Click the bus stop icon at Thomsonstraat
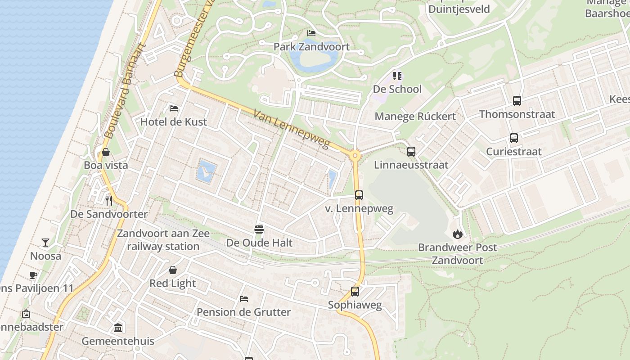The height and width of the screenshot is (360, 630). pyautogui.click(x=517, y=101)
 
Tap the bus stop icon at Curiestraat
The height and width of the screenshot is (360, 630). pyautogui.click(x=514, y=138)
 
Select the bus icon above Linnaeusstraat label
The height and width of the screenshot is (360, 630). pyautogui.click(x=411, y=152)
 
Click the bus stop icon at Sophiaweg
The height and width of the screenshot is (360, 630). pyautogui.click(x=355, y=292)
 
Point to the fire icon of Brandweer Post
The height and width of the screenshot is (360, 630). pyautogui.click(x=458, y=234)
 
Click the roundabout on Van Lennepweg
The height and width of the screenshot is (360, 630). pyautogui.click(x=355, y=156)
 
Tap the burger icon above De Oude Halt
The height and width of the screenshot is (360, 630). pyautogui.click(x=259, y=229)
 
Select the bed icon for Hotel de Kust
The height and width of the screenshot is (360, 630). pyautogui.click(x=174, y=108)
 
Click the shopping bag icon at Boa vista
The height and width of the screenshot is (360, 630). pyautogui.click(x=106, y=152)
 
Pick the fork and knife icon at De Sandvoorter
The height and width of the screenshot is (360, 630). pyautogui.click(x=108, y=200)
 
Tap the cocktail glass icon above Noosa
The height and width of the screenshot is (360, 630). pyautogui.click(x=45, y=243)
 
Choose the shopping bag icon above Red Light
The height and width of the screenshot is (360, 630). pyautogui.click(x=173, y=270)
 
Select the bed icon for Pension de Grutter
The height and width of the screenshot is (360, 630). pyautogui.click(x=244, y=299)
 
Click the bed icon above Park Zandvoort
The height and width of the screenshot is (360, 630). pyautogui.click(x=311, y=33)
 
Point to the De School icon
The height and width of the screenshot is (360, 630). pyautogui.click(x=397, y=76)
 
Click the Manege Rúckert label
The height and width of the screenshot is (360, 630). pyautogui.click(x=415, y=117)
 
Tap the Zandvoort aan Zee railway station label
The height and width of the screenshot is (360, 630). pyautogui.click(x=163, y=240)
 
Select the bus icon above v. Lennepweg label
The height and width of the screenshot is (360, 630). pyautogui.click(x=359, y=195)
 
